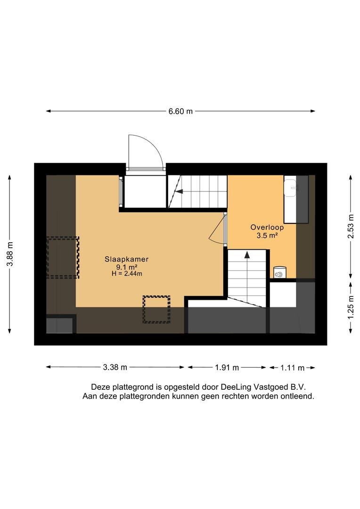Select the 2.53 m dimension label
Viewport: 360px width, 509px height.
(x=350, y=226)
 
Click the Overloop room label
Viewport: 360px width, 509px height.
(x=267, y=227)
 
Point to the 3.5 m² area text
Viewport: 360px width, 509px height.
(x=267, y=236)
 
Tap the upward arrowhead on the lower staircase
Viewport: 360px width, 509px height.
(x=246, y=255)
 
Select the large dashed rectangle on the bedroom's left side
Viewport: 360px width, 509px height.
(x=63, y=257)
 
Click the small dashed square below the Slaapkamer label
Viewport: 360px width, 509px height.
(x=156, y=309)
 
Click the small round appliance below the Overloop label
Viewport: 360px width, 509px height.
(x=280, y=273)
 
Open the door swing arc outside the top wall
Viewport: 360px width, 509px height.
(x=146, y=151)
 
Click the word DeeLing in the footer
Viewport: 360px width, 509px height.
(x=236, y=386)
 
